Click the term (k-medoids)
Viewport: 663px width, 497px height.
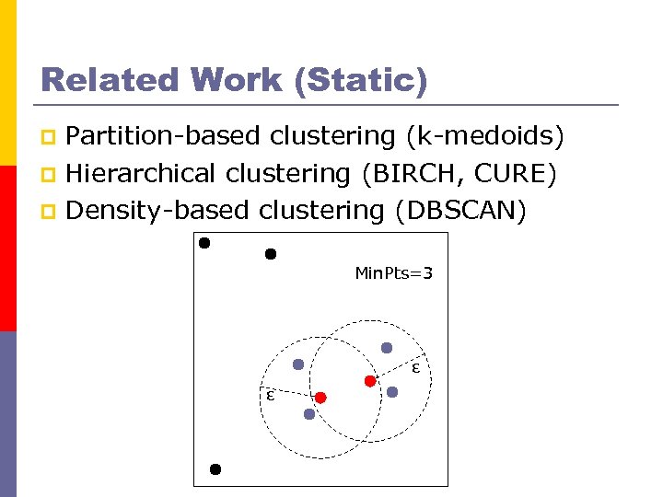(x=484, y=136)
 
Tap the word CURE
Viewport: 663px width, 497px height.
(x=520, y=173)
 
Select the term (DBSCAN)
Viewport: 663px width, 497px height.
(x=460, y=211)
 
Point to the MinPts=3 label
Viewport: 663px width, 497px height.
(x=393, y=273)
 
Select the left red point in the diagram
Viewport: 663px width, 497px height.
(x=320, y=398)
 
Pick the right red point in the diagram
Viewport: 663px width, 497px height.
(x=369, y=380)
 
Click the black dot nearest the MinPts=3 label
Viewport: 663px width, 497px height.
(x=271, y=254)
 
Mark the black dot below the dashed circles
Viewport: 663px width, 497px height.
(x=215, y=468)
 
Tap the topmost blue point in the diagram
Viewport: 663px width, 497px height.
(x=387, y=348)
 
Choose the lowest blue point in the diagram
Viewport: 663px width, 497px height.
(x=309, y=414)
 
